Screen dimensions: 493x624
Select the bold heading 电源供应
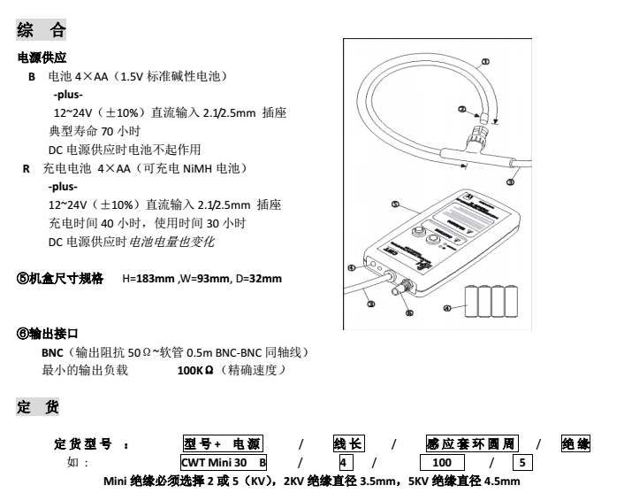click(42, 58)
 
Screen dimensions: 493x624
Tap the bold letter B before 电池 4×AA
click(32, 78)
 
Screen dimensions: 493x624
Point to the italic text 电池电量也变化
click(171, 242)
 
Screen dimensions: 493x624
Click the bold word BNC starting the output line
click(42, 353)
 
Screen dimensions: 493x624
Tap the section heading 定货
click(41, 408)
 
